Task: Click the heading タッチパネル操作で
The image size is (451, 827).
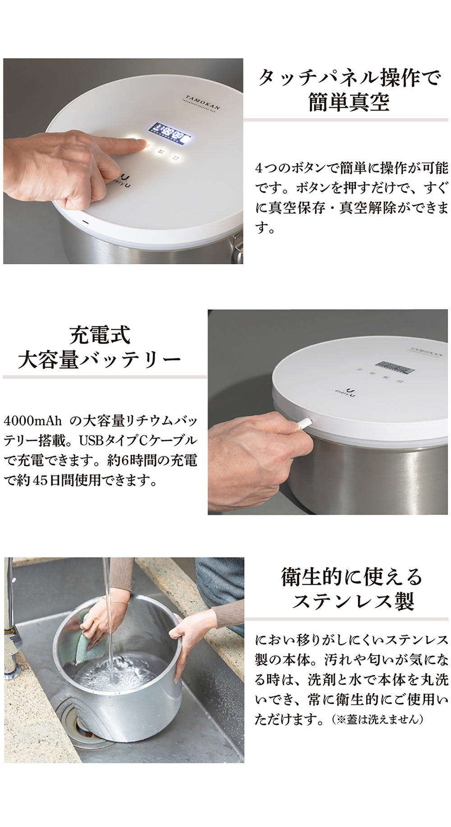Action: [x=349, y=78]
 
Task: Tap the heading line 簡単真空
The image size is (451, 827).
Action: [x=349, y=102]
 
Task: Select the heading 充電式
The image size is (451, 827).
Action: [x=100, y=335]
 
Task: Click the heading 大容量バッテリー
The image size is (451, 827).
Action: [x=100, y=360]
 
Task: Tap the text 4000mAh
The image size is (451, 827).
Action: [x=32, y=421]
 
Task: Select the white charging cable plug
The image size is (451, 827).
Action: [x=303, y=423]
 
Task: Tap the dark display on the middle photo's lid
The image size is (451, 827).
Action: [x=396, y=367]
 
